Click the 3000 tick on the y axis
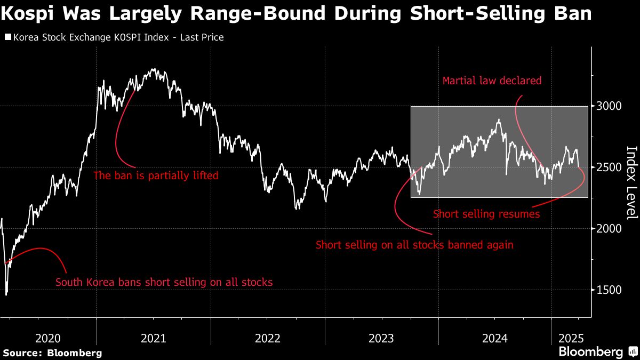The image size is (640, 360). click(609, 106)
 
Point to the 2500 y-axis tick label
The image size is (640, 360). click(609, 167)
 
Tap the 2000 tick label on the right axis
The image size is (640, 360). click(609, 229)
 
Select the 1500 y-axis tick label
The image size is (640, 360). click(609, 290)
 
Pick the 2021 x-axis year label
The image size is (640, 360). click(153, 338)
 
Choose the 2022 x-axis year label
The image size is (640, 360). click(268, 338)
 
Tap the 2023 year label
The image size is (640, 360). click(381, 338)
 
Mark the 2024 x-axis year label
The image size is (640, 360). click(494, 338)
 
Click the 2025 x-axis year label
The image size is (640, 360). click(571, 338)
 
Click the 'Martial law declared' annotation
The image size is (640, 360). click(492, 81)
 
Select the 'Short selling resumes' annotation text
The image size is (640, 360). click(486, 214)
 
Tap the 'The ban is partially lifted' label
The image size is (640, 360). click(156, 175)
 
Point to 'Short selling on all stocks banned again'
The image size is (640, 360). click(414, 245)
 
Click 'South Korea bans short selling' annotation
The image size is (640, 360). click(164, 282)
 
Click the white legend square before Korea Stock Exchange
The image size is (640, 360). click(7, 37)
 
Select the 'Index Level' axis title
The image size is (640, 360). click(631, 182)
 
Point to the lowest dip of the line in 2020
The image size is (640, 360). click(6, 294)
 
